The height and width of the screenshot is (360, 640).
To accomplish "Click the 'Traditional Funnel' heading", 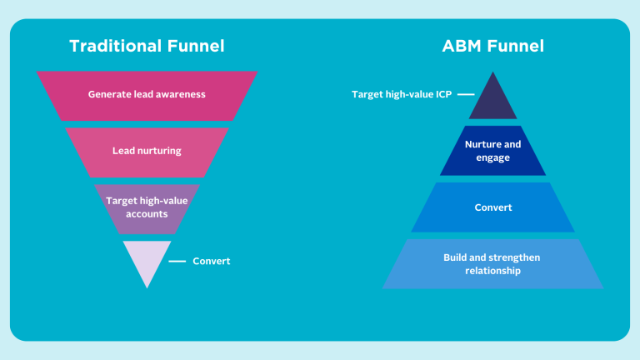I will (x=147, y=46).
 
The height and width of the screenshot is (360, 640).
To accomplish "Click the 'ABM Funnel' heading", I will (x=492, y=46).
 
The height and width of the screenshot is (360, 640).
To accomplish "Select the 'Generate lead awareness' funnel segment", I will (x=147, y=94).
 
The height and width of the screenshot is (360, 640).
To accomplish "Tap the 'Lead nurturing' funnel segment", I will (x=147, y=151).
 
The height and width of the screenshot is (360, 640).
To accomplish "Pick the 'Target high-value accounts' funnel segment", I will (x=147, y=207).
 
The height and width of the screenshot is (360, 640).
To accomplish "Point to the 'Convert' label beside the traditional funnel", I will (x=211, y=261).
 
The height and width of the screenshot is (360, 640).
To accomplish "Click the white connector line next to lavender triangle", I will (x=177, y=261).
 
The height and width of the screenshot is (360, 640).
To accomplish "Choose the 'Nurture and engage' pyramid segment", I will (x=492, y=151).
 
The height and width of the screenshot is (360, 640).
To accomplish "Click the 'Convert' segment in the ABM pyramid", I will (x=492, y=207).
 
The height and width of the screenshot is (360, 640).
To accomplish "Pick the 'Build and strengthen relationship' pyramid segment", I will (x=492, y=263).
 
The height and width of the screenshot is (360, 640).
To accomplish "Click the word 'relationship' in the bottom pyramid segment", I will (x=492, y=270).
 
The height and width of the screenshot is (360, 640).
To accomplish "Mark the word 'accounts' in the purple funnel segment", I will (x=147, y=214).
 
